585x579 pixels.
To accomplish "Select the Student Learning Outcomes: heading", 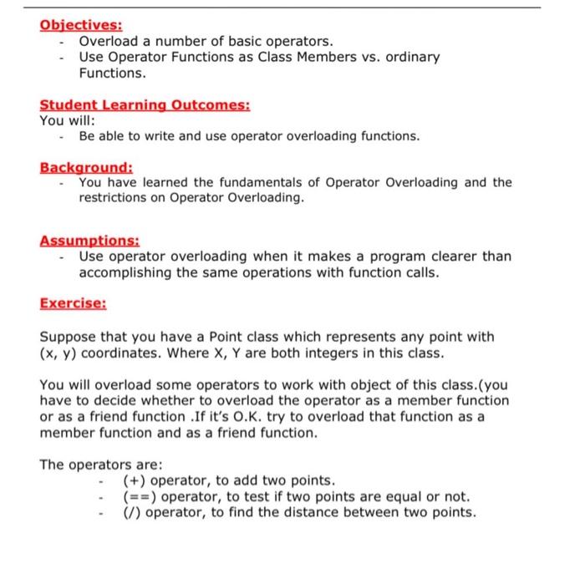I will [145, 105].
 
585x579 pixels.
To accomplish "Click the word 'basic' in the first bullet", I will [222, 41].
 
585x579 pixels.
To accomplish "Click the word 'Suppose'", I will [68, 337].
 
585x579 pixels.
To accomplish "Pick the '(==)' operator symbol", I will [139, 496].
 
